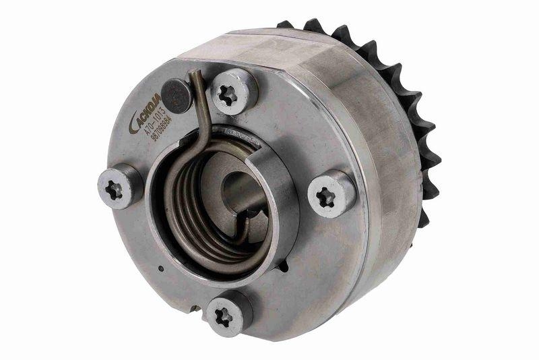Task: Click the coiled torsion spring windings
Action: (192, 202)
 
